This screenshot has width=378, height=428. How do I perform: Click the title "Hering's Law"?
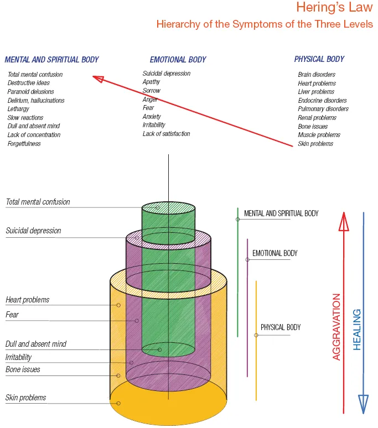pos(334,8)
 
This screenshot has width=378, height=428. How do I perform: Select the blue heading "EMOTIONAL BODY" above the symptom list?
pos(178,60)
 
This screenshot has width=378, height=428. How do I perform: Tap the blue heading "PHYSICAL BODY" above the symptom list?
pos(319,59)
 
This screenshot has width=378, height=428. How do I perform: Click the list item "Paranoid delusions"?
pos(31,92)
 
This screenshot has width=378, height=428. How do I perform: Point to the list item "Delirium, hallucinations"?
pos(36,101)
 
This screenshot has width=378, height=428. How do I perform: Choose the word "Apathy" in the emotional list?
pos(152,82)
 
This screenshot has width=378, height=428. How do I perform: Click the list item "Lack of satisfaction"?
pos(166,134)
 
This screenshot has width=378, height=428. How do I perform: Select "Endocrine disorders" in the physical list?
pos(322,101)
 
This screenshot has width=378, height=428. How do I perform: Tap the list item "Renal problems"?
pos(317,118)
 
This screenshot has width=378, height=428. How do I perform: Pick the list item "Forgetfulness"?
pos(24,144)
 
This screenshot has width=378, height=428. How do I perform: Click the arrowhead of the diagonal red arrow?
pos(99,79)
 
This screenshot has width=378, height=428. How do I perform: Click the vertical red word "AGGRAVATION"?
pos(336,327)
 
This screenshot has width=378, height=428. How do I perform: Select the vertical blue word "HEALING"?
pos(357,329)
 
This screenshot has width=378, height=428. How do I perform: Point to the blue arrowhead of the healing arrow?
pos(363,404)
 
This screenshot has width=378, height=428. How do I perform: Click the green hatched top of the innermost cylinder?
pos(168,210)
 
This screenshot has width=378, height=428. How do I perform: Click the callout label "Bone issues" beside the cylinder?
pos(23,369)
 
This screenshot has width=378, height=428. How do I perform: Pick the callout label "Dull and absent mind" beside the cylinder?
pos(36,344)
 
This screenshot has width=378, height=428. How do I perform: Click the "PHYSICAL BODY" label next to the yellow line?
pos(281,327)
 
